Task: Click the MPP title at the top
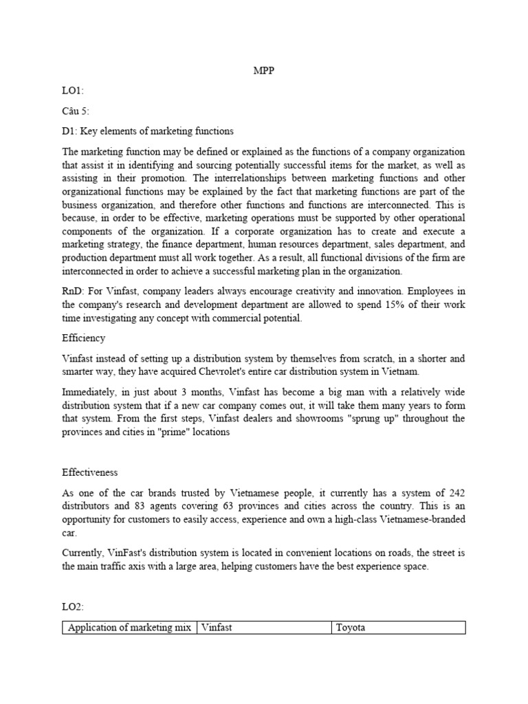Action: pyautogui.click(x=264, y=71)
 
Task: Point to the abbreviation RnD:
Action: pyautogui.click(x=74, y=293)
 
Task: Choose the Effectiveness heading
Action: pyautogui.click(x=89, y=472)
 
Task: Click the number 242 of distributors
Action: pyautogui.click(x=456, y=492)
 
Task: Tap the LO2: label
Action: pyautogui.click(x=74, y=606)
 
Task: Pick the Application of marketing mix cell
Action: pyautogui.click(x=129, y=627)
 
